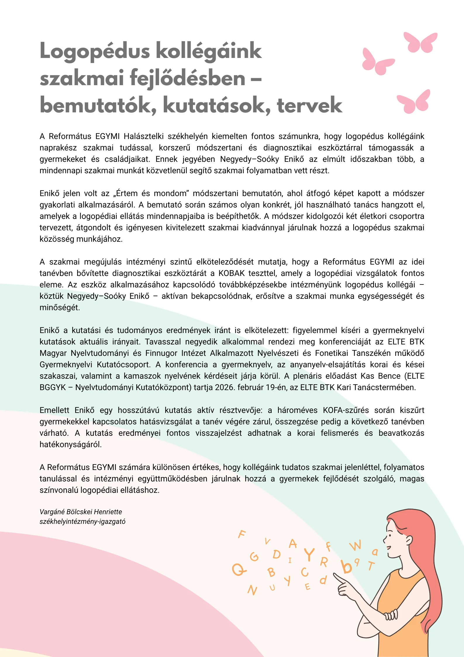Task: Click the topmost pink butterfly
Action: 420,43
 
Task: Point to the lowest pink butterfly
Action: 414,102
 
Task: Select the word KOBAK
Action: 232,273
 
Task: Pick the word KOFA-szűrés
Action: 346,410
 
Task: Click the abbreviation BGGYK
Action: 53,387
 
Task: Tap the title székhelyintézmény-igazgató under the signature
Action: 82,522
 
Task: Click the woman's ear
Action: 409,540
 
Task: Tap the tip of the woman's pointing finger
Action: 335,574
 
